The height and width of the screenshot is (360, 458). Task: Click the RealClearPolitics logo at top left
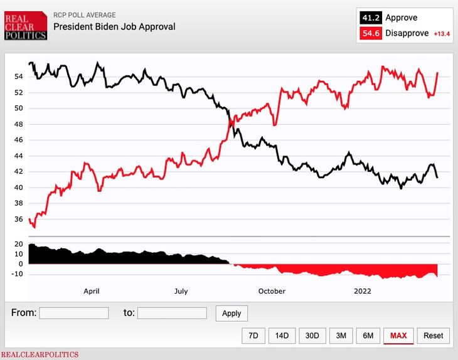(x=26, y=26)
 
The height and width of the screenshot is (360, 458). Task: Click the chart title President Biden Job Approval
(x=114, y=26)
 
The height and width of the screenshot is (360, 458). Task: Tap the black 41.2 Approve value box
(x=369, y=18)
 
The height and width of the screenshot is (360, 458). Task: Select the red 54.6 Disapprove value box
(x=369, y=33)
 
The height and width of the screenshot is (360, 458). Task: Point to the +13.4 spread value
(x=442, y=34)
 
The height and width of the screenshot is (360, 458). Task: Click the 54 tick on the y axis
(x=18, y=77)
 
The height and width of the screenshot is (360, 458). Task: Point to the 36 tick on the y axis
(x=18, y=220)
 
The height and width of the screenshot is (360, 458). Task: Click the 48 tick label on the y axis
(x=18, y=124)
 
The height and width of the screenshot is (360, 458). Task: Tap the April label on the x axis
(x=92, y=291)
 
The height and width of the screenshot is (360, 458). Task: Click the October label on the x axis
(x=272, y=291)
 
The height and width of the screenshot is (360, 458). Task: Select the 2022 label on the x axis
(x=363, y=291)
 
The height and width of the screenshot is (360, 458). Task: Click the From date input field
(x=73, y=313)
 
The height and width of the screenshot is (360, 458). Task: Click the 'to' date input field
(x=172, y=313)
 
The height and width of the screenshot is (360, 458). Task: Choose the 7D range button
(x=253, y=336)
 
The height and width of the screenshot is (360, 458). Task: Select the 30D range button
(x=312, y=336)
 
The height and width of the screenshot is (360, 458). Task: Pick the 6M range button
(x=368, y=336)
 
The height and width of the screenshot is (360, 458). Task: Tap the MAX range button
(x=398, y=336)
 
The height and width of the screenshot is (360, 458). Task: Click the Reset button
(x=433, y=336)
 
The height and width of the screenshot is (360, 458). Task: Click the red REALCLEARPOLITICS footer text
(x=40, y=354)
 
